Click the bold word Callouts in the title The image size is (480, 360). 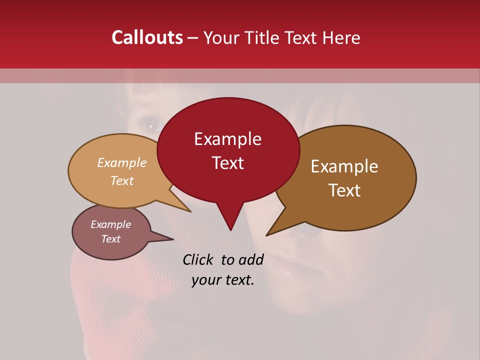(147, 37)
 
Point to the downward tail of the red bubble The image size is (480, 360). (230, 220)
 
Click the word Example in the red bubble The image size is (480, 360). (227, 139)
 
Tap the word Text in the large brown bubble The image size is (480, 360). (345, 190)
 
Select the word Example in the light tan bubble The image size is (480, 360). (122, 163)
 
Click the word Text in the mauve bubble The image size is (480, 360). (110, 239)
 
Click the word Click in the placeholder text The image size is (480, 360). (199, 259)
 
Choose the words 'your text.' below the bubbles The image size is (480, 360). (223, 280)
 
